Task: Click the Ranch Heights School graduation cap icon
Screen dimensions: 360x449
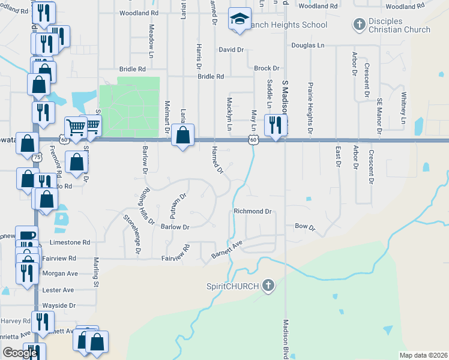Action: click(x=239, y=20)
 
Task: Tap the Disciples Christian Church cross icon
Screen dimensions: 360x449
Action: click(x=359, y=25)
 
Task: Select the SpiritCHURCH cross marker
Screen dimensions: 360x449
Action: click(x=268, y=286)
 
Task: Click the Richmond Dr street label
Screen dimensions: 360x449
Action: click(x=253, y=211)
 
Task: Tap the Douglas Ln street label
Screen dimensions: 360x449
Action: click(x=307, y=45)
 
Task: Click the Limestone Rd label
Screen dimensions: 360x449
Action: click(x=70, y=242)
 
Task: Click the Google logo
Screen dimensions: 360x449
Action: click(x=20, y=353)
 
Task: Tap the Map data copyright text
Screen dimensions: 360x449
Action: click(x=423, y=355)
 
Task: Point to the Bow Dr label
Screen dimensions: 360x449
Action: click(x=305, y=227)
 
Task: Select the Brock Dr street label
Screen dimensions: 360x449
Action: click(x=267, y=68)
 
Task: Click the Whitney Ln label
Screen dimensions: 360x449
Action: click(x=404, y=112)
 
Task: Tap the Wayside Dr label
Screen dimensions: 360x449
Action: click(x=59, y=305)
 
